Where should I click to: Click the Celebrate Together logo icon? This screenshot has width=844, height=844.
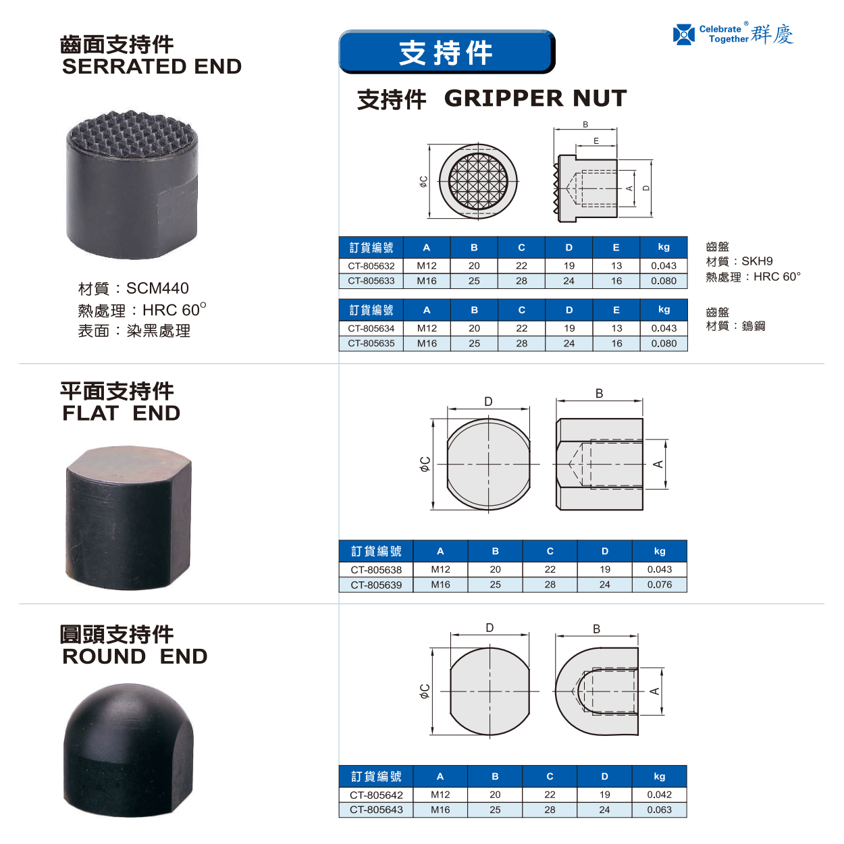pyautogui.click(x=683, y=34)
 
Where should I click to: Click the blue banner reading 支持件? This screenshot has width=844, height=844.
pyautogui.click(x=447, y=52)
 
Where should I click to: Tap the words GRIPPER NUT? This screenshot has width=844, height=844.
pyautogui.click(x=535, y=98)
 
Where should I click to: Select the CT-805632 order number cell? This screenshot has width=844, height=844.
pyautogui.click(x=371, y=266)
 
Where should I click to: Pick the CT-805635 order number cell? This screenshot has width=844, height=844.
pyautogui.click(x=371, y=344)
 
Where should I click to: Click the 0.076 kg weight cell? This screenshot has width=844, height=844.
pyautogui.click(x=659, y=584)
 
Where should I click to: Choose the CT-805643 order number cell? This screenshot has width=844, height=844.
pyautogui.click(x=376, y=810)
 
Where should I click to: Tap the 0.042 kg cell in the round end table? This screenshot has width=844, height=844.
pyautogui.click(x=659, y=795)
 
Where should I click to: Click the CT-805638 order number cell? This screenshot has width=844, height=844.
pyautogui.click(x=376, y=569)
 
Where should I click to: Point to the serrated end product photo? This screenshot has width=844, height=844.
pyautogui.click(x=132, y=184)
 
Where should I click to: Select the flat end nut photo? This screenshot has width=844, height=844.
pyautogui.click(x=128, y=518)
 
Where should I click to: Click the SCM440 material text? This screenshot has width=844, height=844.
pyautogui.click(x=157, y=288)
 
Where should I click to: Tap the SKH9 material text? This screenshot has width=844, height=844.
pyautogui.click(x=757, y=261)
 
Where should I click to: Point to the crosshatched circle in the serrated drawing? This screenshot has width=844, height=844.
pyautogui.click(x=478, y=181)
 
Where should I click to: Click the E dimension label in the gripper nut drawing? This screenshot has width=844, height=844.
pyautogui.click(x=596, y=141)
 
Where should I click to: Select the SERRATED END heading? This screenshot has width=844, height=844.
pyautogui.click(x=152, y=67)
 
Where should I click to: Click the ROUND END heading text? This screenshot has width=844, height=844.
pyautogui.click(x=135, y=656)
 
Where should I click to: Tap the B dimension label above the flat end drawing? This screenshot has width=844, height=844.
pyautogui.click(x=599, y=394)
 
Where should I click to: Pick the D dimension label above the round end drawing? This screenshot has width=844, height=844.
pyautogui.click(x=490, y=628)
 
